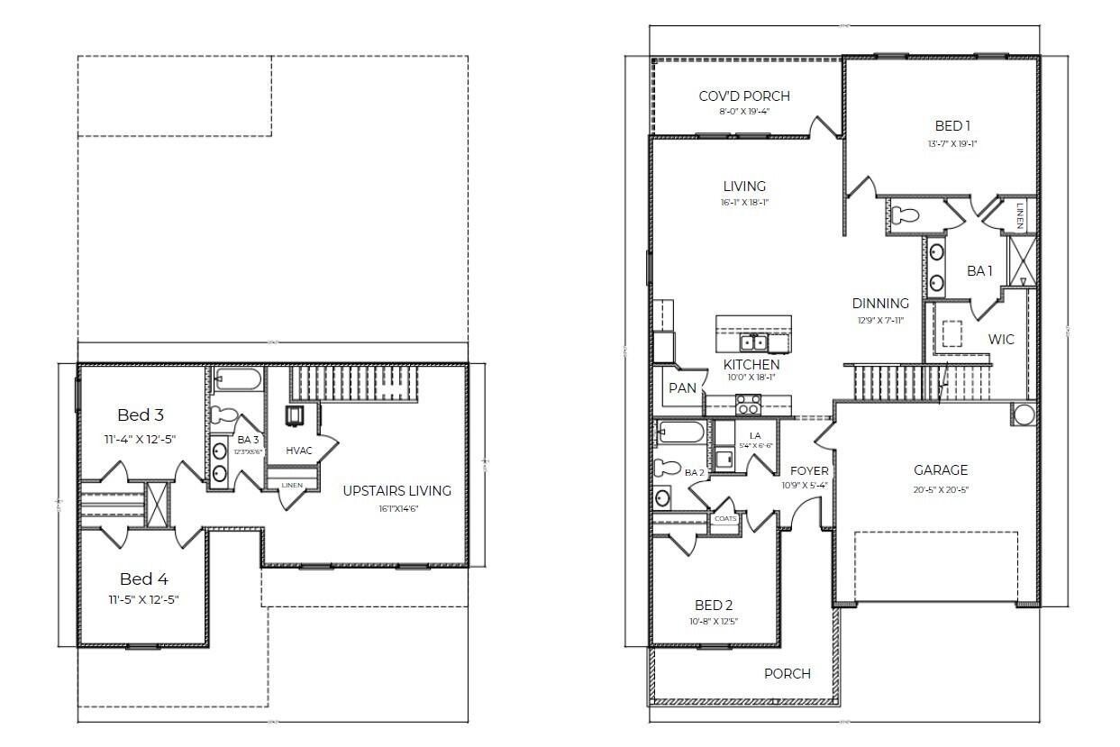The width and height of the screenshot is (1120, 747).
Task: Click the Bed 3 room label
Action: coord(141,415)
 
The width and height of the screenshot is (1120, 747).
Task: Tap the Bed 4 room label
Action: coord(143,579)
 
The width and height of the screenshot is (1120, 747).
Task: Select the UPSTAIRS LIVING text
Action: coord(396,490)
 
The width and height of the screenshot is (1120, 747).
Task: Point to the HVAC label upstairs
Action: coord(298,450)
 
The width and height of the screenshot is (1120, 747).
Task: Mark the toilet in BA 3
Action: coord(226,415)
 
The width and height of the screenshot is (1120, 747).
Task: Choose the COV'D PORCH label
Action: coord(744,96)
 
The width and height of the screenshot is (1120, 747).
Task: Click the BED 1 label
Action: coord(952,125)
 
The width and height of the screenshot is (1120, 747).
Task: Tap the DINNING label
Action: coord(880,304)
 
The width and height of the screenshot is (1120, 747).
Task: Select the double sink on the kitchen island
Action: coord(753,342)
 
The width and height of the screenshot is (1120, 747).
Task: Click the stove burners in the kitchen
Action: coord(748,405)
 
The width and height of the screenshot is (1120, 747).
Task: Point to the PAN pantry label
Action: coord(682,388)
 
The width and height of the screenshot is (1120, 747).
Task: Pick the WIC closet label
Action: coord(1001,340)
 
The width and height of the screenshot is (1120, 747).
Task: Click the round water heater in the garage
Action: coord(1024,414)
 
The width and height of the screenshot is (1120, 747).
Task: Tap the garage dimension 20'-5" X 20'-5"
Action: coord(941,490)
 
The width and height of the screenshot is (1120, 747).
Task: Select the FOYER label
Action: coord(809,470)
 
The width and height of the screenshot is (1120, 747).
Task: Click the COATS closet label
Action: coord(724,519)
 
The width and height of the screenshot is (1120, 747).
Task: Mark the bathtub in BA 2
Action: coord(681,433)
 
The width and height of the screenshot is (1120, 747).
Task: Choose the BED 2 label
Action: coord(713,606)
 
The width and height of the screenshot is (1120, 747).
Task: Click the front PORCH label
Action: coord(787,673)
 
